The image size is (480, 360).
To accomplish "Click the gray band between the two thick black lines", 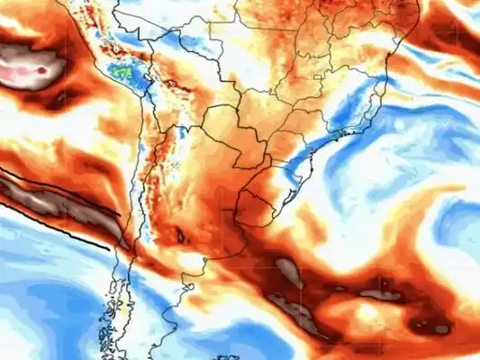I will tap(54, 202).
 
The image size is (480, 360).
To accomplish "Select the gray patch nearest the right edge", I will tap(441, 328).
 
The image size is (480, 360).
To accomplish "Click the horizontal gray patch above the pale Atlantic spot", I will tap(378, 292).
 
